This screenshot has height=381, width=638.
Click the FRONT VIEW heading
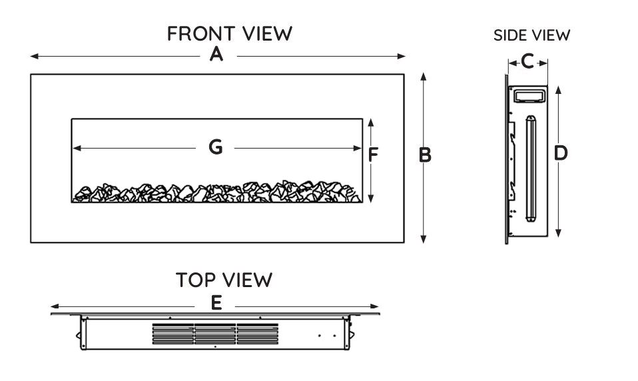click(230, 34)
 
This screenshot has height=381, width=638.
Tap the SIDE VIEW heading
click(531, 35)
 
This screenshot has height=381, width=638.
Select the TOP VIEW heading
click(224, 280)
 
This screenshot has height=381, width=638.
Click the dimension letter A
click(216, 56)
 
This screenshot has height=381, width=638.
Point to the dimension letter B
click(425, 155)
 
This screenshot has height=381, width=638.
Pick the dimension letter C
click(527, 62)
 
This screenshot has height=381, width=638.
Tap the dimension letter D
click(561, 153)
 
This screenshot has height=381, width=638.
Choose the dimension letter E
click(216, 304)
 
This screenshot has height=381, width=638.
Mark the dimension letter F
click(373, 155)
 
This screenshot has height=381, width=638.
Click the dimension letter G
click(216, 147)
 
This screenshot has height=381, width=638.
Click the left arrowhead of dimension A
click(33, 57)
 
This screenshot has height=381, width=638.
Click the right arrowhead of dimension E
click(376, 308)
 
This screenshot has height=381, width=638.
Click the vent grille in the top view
click(215, 334)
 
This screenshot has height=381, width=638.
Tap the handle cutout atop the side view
click(531, 97)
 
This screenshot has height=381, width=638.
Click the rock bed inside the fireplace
click(217, 192)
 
